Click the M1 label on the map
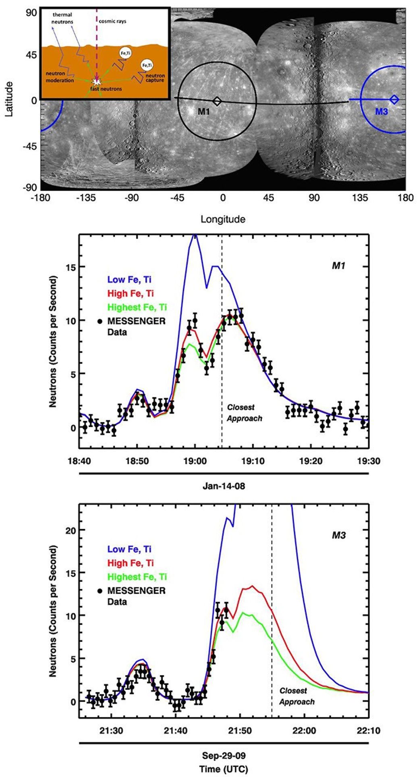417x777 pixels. point(204,111)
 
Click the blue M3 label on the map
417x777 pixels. point(381,111)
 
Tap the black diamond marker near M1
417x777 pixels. point(217,101)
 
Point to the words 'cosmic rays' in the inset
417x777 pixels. point(112,21)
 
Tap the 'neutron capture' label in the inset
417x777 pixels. point(155,78)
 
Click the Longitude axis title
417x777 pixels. point(223,219)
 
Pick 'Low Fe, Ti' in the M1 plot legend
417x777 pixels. point(129,279)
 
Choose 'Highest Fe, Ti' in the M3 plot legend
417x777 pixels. point(137,577)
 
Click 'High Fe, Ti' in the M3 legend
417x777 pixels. point(130,563)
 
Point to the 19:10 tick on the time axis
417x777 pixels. point(253,460)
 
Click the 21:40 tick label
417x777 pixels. point(175,730)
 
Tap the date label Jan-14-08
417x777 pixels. point(224,486)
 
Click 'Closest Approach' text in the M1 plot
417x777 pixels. point(244,413)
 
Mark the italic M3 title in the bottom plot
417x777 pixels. point(339,536)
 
